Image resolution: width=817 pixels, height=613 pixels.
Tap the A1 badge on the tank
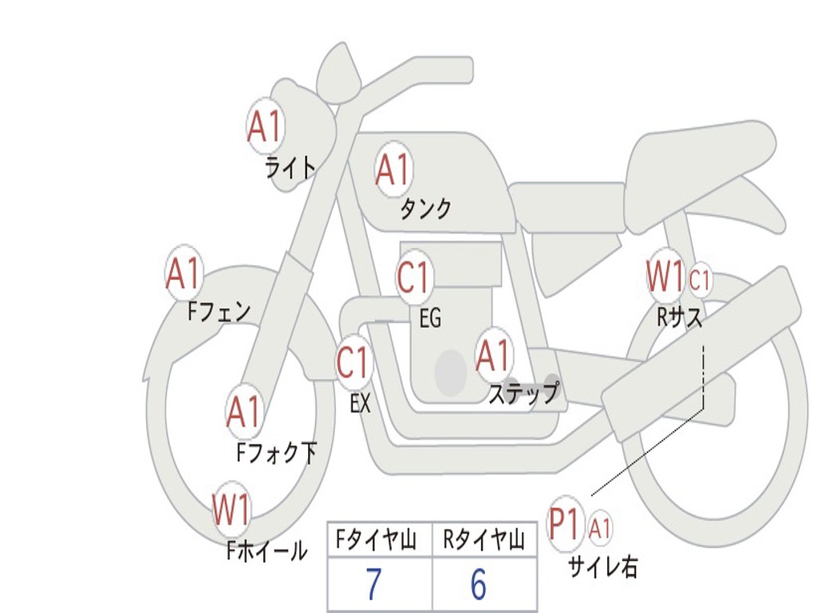[393, 168]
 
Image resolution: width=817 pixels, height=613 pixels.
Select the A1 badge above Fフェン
[184, 274]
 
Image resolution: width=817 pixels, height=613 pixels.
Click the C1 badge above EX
[353, 363]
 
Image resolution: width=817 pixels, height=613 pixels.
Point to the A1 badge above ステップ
[493, 355]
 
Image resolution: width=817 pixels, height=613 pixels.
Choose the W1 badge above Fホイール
[231, 510]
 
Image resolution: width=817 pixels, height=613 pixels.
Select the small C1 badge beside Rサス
[700, 280]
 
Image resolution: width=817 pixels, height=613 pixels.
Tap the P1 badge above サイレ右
[566, 524]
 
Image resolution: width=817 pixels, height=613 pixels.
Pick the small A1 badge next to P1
[601, 528]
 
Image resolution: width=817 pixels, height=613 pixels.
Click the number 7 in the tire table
[373, 585]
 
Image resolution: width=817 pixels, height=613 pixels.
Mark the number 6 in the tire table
[478, 585]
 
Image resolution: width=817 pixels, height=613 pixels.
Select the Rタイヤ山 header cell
[484, 542]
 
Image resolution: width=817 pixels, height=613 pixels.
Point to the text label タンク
[425, 209]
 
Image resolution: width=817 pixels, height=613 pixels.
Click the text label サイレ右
[602, 567]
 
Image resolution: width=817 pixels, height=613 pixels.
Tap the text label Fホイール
[266, 551]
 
